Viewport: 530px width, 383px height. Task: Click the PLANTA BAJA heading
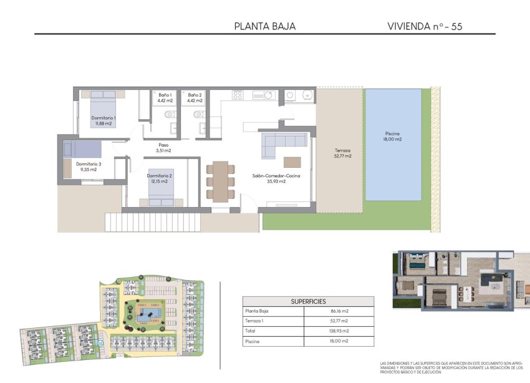tap(264, 26)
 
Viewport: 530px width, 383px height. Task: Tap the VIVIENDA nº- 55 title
tap(425, 26)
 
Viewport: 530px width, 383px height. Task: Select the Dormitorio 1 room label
tap(104, 120)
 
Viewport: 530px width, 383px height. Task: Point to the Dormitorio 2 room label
tap(160, 178)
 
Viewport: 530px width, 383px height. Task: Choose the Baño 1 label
tap(165, 97)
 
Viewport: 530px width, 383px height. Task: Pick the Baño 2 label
tap(195, 97)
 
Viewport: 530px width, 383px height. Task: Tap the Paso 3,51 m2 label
tap(163, 148)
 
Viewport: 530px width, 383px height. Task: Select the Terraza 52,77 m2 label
tap(342, 153)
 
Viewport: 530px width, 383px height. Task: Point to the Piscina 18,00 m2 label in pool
tap(392, 137)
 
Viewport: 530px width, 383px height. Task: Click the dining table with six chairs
tap(221, 180)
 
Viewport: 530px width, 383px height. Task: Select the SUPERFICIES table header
tap(308, 301)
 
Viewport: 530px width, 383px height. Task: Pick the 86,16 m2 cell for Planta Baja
tap(340, 311)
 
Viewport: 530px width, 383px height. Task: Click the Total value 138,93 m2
tap(340, 331)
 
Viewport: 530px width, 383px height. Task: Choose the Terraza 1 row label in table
tap(256, 321)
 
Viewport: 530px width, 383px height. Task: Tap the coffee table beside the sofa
tap(292, 162)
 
